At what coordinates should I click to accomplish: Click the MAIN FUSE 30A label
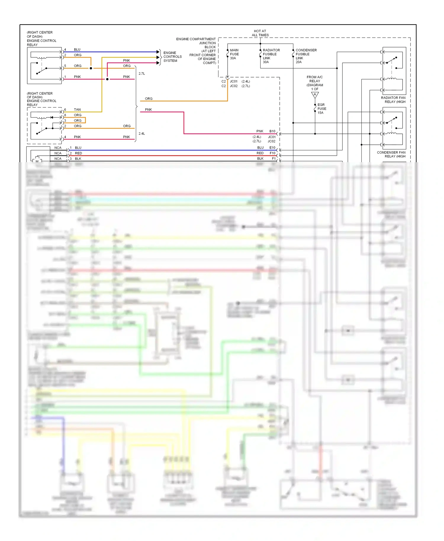[234, 54]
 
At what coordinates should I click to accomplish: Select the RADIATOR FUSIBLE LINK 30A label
[271, 56]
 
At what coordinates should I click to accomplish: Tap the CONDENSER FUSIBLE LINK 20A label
[305, 56]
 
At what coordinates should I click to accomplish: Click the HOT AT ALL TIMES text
[260, 33]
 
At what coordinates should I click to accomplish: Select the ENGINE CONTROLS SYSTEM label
[172, 57]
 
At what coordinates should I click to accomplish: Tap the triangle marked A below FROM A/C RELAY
[315, 95]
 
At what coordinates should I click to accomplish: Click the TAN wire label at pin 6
[77, 110]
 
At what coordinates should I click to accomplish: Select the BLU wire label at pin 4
[77, 49]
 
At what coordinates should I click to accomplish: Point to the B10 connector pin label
[272, 131]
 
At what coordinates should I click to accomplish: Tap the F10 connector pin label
[272, 153]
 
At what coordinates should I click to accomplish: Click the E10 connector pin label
[272, 147]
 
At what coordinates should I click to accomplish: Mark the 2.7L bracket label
[142, 73]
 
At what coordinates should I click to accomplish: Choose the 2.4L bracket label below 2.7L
[142, 133]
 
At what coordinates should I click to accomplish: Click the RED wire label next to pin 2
[78, 153]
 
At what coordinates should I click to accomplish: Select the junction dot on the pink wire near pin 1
[107, 79]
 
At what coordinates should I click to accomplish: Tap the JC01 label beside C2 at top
[234, 81]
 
